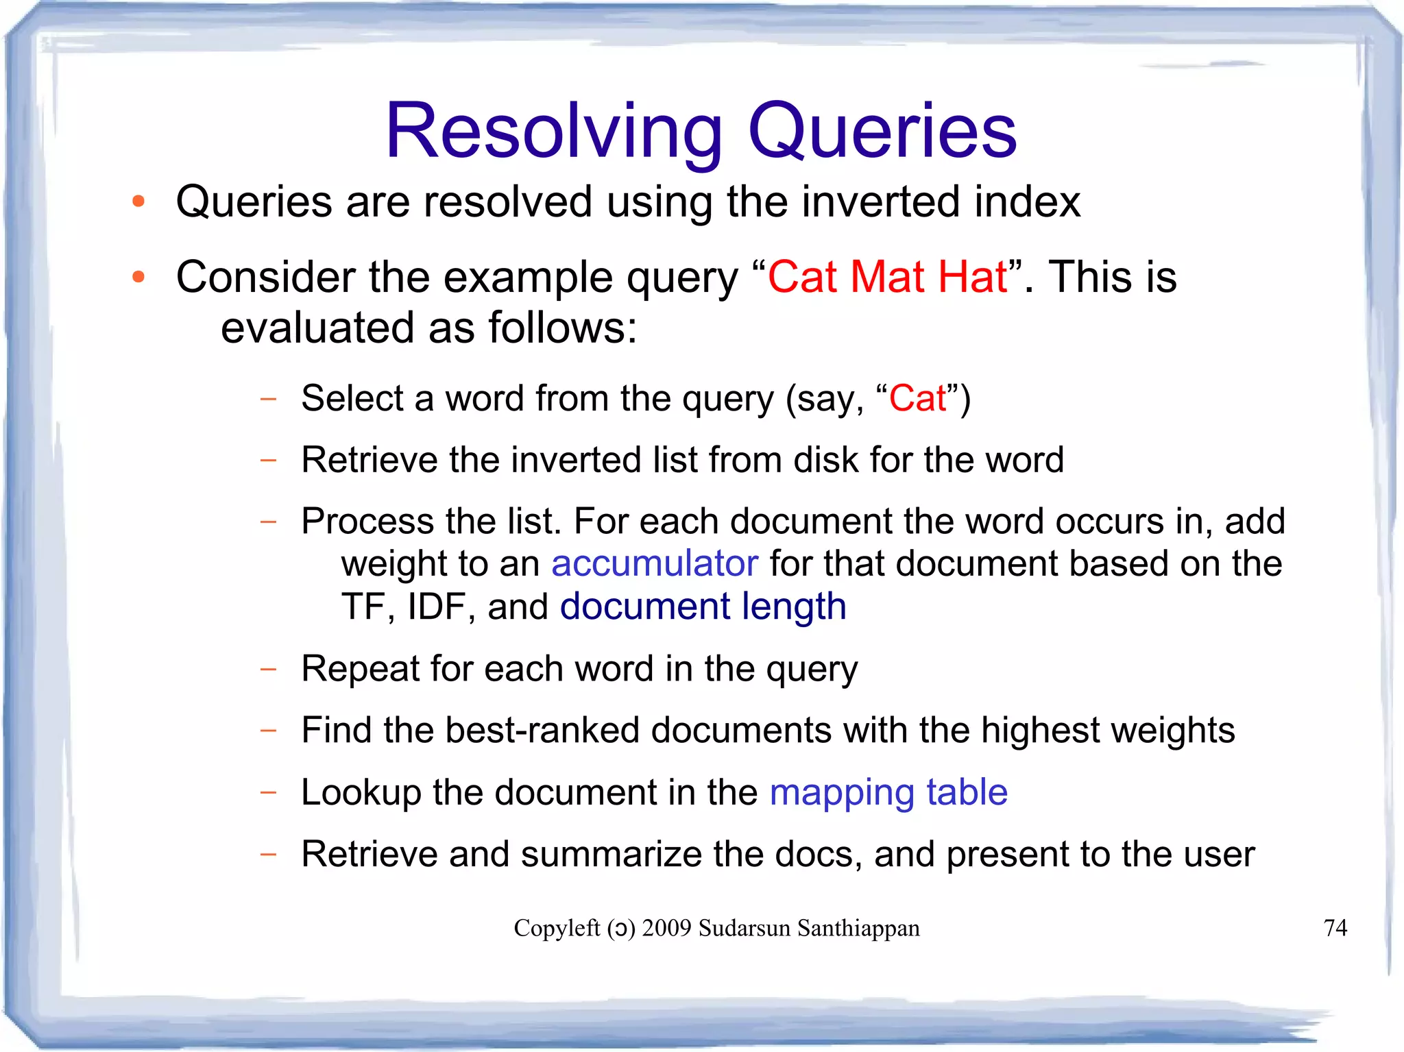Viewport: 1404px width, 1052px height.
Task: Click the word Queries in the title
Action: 882,132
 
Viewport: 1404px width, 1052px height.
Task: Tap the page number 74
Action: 1335,928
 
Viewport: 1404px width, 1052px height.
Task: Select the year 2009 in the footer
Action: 666,928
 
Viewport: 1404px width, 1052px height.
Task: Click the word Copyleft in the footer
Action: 557,928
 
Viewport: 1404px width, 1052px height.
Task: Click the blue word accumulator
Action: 655,564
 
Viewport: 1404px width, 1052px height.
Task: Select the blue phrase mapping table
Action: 888,793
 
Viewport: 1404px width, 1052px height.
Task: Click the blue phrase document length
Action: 703,607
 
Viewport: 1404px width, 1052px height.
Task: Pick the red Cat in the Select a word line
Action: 917,399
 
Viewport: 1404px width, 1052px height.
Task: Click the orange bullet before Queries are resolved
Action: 139,201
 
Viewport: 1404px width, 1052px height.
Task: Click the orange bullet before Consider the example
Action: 139,277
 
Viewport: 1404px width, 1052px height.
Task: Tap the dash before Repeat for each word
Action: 268,668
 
